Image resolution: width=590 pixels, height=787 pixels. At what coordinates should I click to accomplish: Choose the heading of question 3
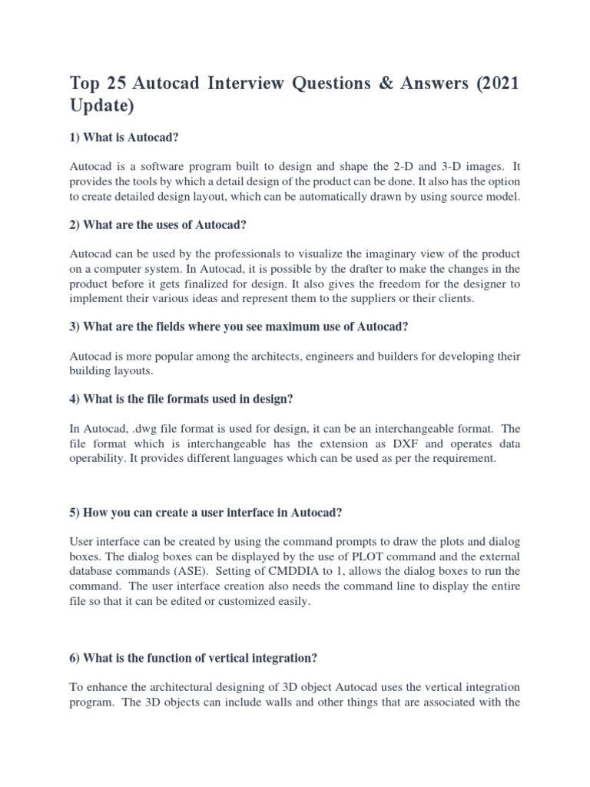(x=239, y=327)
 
